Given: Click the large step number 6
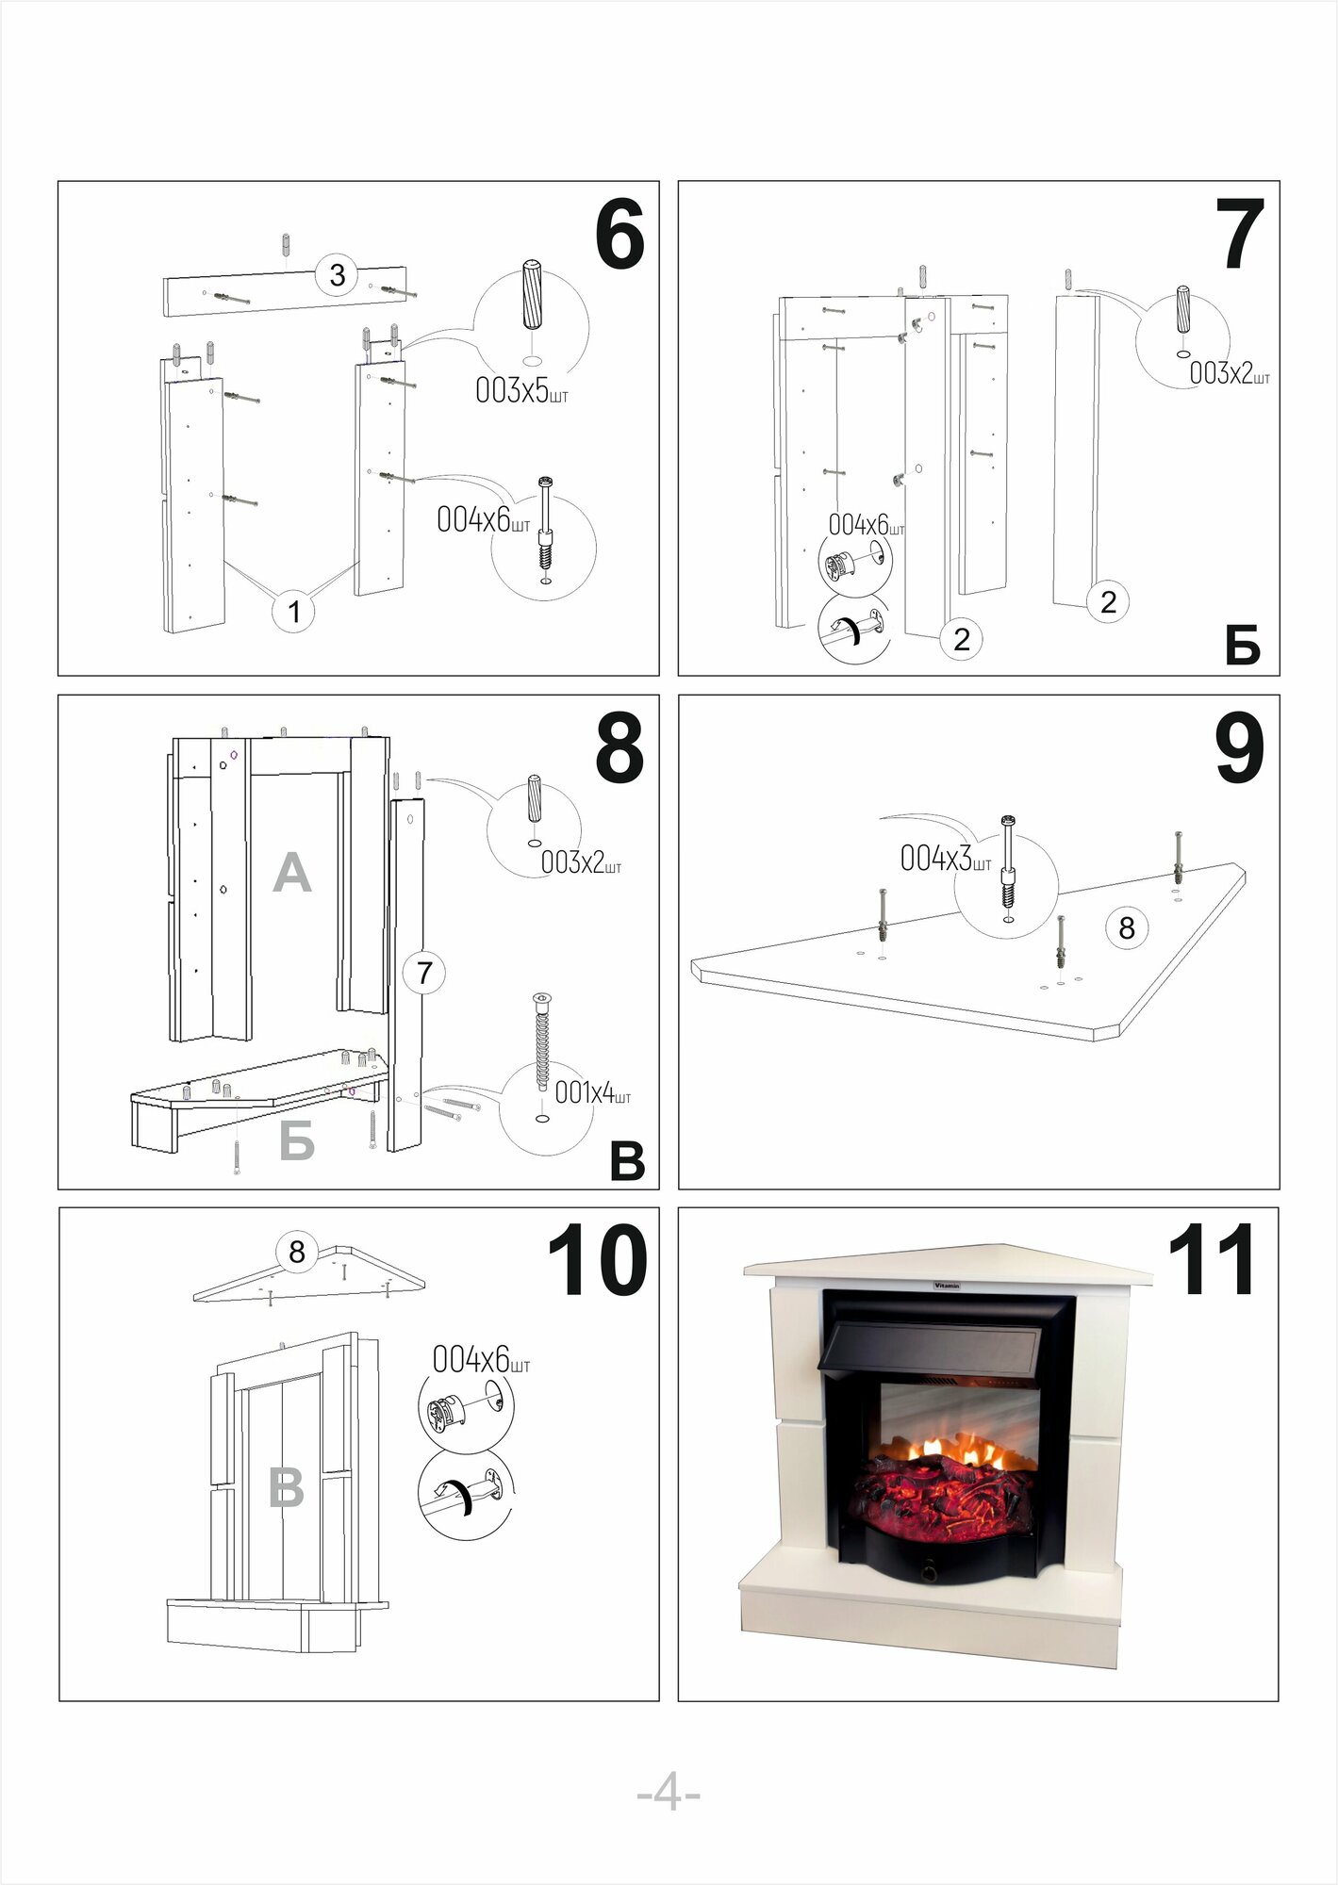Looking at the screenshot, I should pyautogui.click(x=619, y=235).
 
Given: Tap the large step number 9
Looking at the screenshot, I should pyautogui.click(x=1239, y=748).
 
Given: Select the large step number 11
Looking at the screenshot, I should pyautogui.click(x=1212, y=1260).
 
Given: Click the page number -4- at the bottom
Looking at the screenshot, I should pyautogui.click(x=669, y=1792).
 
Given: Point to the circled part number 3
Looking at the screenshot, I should pyautogui.click(x=337, y=275).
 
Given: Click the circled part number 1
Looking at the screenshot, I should pyautogui.click(x=293, y=611).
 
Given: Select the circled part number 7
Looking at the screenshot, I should pyautogui.click(x=424, y=972).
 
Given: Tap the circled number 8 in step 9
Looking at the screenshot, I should pyautogui.click(x=1126, y=928).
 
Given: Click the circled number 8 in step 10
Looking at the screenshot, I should pyautogui.click(x=297, y=1252).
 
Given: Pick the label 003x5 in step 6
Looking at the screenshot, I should pyautogui.click(x=520, y=390).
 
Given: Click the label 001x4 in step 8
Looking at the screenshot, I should pyautogui.click(x=592, y=1092).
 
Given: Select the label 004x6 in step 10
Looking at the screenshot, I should pyautogui.click(x=481, y=1359).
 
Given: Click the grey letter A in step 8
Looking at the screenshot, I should pyautogui.click(x=291, y=873).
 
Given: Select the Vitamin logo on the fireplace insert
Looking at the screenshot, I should pyautogui.click(x=947, y=1286).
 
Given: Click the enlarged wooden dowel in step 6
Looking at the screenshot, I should pyautogui.click(x=532, y=294).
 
